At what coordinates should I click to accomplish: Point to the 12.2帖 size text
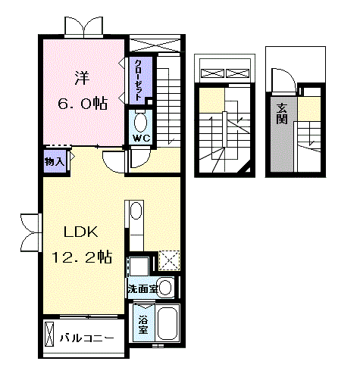point(82,257)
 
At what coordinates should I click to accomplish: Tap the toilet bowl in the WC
point(141,121)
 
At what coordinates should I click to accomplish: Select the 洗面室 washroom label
point(142,288)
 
